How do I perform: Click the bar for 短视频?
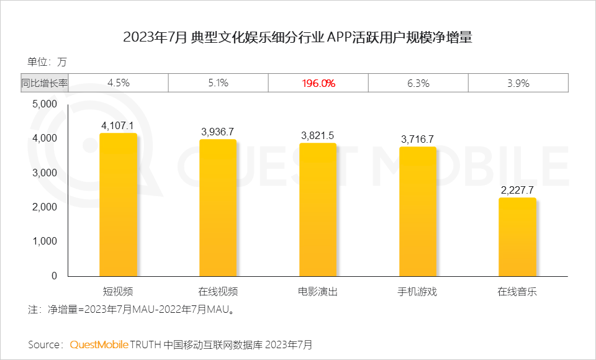(118, 205)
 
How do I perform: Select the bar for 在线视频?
(218, 208)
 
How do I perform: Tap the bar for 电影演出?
(318, 210)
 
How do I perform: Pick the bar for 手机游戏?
(417, 212)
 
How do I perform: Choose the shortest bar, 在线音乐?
(517, 237)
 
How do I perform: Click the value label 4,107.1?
(118, 125)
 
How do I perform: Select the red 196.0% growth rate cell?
(318, 83)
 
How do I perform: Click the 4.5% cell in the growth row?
(118, 83)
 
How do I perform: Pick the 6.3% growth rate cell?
(417, 83)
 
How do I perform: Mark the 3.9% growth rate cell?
(517, 83)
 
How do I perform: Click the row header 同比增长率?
(44, 83)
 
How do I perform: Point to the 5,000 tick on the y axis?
(44, 104)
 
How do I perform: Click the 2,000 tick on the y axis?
(44, 207)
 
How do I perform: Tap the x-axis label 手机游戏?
(417, 291)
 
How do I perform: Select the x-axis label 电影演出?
(318, 291)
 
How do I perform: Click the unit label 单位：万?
(47, 61)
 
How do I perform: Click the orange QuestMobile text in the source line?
(99, 344)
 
